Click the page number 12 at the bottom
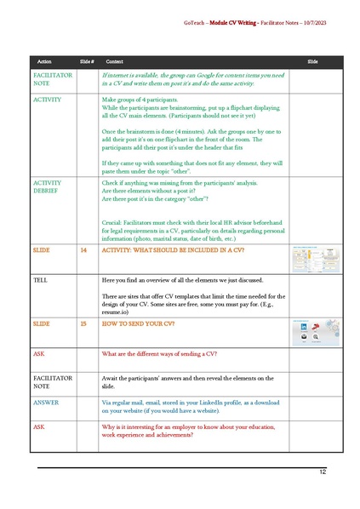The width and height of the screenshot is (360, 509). click(323, 471)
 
